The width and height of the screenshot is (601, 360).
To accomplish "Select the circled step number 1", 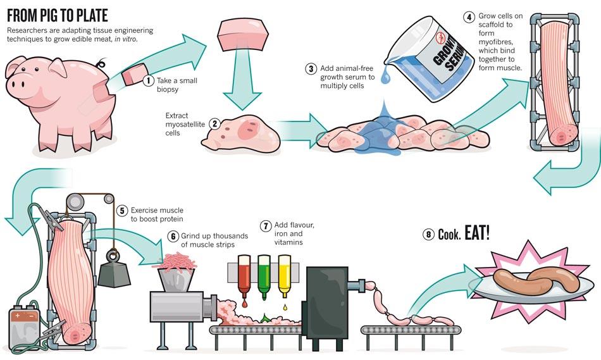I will (x=148, y=80).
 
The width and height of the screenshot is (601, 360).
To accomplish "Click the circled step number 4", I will (x=468, y=17).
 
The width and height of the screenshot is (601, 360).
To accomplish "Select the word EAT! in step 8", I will (x=477, y=232).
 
